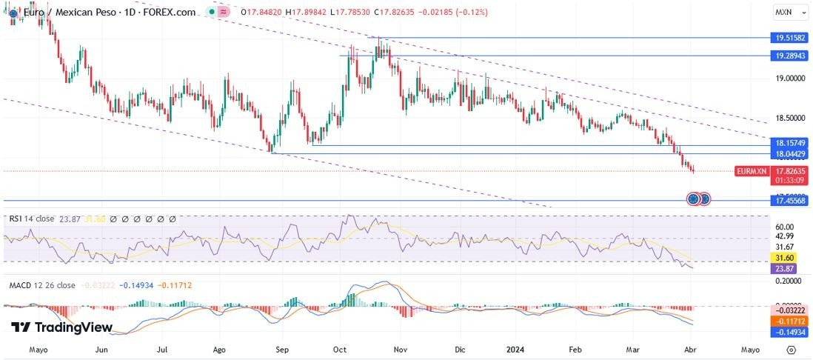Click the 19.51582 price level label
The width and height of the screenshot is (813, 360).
click(x=790, y=37)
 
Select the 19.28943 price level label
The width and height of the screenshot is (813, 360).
click(x=790, y=56)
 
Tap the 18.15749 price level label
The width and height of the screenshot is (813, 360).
click(x=790, y=142)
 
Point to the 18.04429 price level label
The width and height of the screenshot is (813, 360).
click(x=790, y=153)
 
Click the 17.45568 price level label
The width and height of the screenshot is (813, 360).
click(x=790, y=200)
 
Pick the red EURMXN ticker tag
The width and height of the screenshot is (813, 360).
click(x=751, y=171)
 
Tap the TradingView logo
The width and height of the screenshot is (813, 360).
click(x=62, y=327)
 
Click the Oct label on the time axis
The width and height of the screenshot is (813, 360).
click(x=340, y=349)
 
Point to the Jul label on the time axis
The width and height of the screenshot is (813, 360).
click(x=161, y=349)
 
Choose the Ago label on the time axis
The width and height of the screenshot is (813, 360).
click(x=220, y=349)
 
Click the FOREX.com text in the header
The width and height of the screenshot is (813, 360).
click(x=173, y=13)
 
